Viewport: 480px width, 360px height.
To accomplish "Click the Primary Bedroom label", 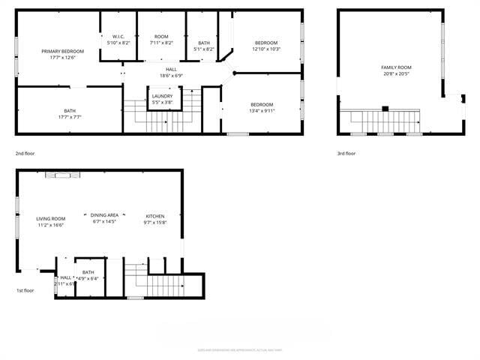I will (62, 51).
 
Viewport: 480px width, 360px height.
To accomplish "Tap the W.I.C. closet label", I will (118, 37).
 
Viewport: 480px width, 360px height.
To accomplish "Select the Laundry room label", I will (162, 96).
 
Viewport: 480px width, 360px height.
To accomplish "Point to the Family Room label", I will (396, 67).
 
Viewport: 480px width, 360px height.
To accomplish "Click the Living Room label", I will (51, 218).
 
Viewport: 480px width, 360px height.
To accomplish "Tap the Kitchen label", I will (154, 216).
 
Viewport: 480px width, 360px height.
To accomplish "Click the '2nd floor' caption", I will (25, 153).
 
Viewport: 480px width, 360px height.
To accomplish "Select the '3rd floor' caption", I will (346, 153).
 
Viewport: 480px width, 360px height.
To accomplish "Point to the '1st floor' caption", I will (25, 290).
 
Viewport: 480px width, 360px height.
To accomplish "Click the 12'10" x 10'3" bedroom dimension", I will (265, 49).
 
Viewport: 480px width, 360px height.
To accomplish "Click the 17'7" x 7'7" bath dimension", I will (70, 117).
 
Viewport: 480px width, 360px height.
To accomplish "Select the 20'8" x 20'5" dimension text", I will (396, 73).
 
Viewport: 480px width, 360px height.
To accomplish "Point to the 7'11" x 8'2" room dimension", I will (161, 43).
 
